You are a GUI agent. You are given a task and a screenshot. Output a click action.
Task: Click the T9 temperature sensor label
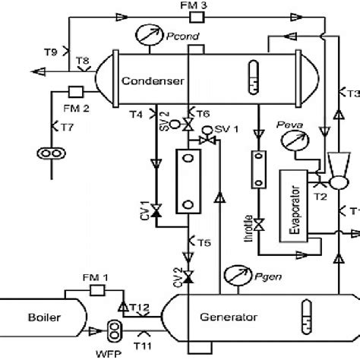click(x=48, y=52)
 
